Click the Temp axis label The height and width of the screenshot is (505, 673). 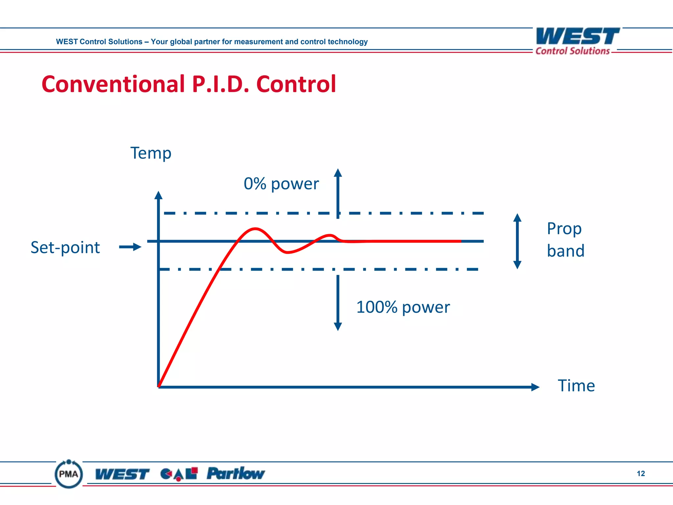coord(151,153)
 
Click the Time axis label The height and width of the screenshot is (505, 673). coord(576,386)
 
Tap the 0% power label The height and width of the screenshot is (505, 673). coord(281,184)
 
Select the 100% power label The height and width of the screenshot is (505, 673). coord(403,307)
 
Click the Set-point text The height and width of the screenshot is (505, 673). coord(65,247)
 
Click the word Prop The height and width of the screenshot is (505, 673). coord(564,228)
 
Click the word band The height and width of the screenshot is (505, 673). coord(566,251)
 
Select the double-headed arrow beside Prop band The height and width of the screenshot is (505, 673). coord(517,241)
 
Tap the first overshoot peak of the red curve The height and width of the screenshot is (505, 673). coord(255,228)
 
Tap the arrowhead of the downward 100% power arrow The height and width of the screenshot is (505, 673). coord(338,326)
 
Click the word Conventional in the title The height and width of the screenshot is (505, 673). coord(113,84)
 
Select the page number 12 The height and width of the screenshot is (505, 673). coord(640,473)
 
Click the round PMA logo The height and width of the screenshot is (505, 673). coord(69,474)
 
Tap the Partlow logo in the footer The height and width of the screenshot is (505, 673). coord(236,474)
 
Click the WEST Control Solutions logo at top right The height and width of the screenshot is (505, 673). coord(577,41)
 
